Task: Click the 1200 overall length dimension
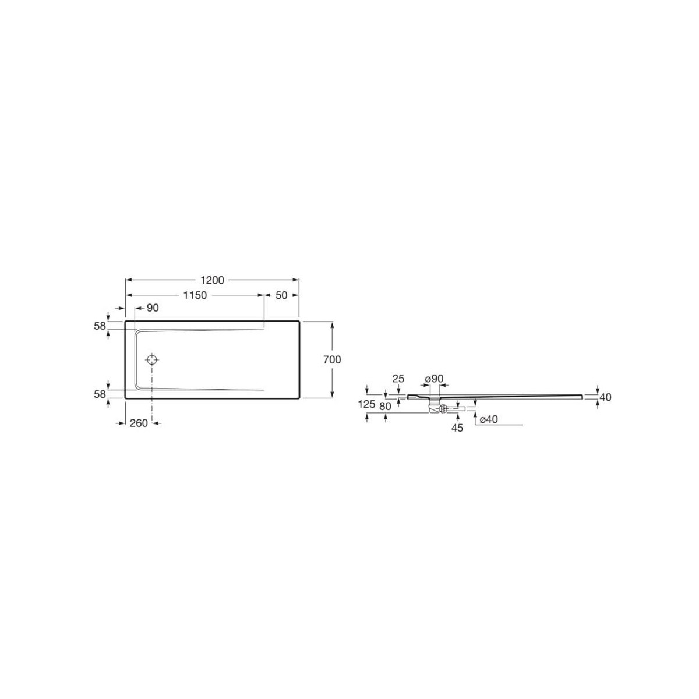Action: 213,280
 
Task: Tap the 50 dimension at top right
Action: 281,295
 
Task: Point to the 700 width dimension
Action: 332,359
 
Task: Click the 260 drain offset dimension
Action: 138,423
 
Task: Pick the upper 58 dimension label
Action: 99,326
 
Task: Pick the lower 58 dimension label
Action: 99,394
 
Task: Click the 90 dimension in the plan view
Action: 152,308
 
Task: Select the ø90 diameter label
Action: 434,379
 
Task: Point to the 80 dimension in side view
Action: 385,406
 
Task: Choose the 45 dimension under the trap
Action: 457,428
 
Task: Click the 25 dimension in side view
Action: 398,379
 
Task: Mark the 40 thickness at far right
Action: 605,397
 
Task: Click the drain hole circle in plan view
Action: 152,359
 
